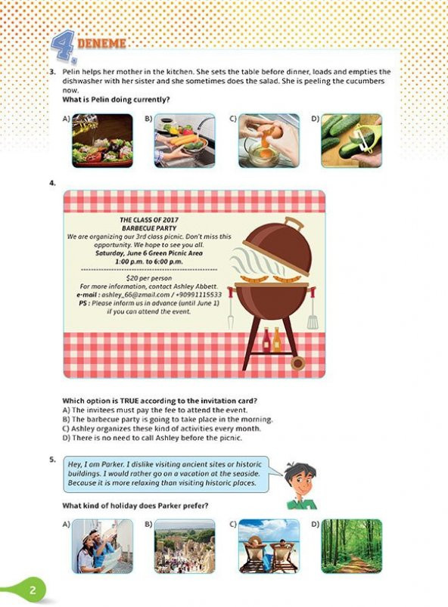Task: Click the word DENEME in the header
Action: click(101, 43)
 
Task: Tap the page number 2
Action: click(33, 590)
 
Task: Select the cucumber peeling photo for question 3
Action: click(351, 141)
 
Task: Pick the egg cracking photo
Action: click(269, 141)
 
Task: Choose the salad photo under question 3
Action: click(103, 141)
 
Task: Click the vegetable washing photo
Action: click(185, 141)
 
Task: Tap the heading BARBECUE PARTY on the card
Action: click(149, 228)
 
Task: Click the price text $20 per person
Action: click(149, 278)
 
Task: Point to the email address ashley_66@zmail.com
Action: click(135, 295)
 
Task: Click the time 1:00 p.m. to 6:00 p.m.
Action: click(149, 262)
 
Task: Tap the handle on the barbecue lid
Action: click(294, 224)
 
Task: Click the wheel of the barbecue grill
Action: click(297, 363)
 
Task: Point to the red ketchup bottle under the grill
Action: click(266, 340)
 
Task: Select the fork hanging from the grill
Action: click(231, 310)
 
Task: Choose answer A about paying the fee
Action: click(154, 410)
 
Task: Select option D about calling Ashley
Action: click(152, 438)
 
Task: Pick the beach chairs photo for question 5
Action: click(269, 547)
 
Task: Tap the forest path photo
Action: click(351, 547)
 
